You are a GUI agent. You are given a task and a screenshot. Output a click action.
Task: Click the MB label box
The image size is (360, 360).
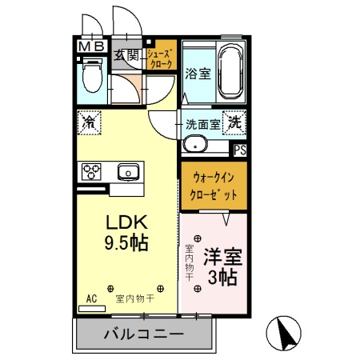pos(92,47)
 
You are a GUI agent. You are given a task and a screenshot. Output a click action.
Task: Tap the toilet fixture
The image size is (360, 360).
pos(90,80)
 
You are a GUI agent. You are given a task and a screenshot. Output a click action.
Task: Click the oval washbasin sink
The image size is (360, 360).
pos(194,145)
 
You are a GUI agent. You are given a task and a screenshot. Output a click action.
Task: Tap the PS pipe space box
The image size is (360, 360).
pos(238,148)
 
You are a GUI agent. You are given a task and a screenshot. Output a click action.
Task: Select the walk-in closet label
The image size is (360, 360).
pos(212,185)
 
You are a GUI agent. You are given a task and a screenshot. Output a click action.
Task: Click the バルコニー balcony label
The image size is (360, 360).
pos(144,334)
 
